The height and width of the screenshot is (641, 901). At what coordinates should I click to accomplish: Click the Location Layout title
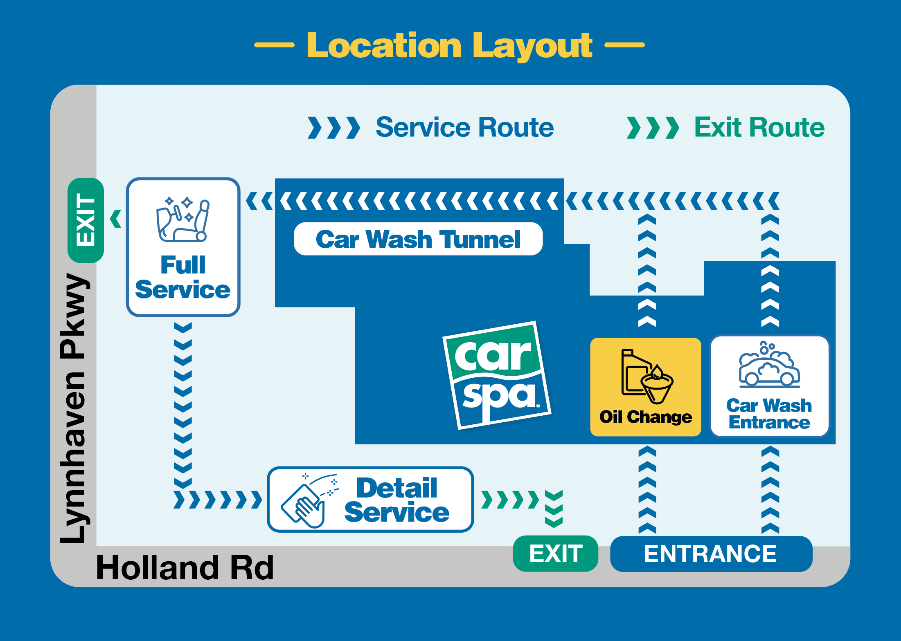click(449, 46)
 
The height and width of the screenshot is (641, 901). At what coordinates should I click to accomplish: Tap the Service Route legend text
click(464, 127)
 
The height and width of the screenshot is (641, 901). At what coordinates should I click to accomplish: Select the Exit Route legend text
click(759, 127)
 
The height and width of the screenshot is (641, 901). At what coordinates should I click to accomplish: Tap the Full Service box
click(183, 247)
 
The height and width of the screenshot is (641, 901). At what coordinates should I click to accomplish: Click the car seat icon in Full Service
click(183, 220)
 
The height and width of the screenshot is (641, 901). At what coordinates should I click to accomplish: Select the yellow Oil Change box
click(646, 387)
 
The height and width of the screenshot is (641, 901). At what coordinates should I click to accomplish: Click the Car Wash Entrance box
click(770, 386)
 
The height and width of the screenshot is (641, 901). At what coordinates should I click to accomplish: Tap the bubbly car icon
click(769, 365)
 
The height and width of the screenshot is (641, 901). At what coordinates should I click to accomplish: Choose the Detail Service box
click(370, 499)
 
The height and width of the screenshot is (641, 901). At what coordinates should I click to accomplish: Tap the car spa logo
click(497, 375)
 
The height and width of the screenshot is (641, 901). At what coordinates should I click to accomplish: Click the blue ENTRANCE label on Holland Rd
click(711, 554)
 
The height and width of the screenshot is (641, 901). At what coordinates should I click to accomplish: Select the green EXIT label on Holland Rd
click(556, 554)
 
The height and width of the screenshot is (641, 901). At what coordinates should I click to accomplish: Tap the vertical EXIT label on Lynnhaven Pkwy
click(86, 220)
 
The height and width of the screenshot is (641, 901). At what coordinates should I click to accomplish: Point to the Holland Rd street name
click(185, 567)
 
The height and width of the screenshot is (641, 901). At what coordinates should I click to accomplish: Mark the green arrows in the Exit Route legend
click(653, 128)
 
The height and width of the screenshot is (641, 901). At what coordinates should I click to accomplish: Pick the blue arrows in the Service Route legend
click(334, 128)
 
